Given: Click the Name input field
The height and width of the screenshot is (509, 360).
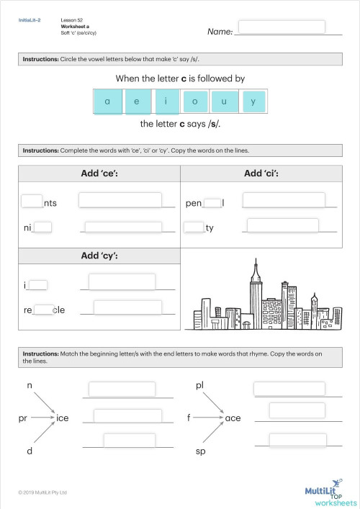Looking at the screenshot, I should (x=289, y=27).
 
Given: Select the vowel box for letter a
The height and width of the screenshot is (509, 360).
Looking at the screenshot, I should (x=108, y=102).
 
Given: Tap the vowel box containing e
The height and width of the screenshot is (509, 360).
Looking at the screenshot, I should (x=137, y=102).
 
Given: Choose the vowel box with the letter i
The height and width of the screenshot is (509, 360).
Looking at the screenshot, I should (x=166, y=102).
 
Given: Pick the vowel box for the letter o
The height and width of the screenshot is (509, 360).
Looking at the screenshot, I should (x=195, y=102).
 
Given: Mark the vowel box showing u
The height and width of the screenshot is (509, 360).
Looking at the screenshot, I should (x=224, y=102).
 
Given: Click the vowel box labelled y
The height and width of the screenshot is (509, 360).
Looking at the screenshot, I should (x=253, y=102).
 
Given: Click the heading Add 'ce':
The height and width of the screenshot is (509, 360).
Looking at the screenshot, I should (x=99, y=174).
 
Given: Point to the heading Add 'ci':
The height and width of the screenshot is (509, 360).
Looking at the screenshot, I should (x=261, y=174).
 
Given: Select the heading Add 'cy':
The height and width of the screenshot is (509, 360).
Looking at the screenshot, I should (x=99, y=256).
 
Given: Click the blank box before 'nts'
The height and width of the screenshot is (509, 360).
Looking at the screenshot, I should (x=32, y=202).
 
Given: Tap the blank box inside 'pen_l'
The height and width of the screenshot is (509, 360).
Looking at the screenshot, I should (x=212, y=203).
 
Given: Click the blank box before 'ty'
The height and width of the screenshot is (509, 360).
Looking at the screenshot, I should (x=194, y=228).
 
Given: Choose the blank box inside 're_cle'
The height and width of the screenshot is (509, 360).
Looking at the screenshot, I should (x=43, y=310).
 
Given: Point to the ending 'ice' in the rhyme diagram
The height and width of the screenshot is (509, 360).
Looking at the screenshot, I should (x=63, y=418).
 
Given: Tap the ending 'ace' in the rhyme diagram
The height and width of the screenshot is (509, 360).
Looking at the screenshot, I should (x=233, y=418).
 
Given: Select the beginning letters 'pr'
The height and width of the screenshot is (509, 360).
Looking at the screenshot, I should (x=24, y=418).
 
